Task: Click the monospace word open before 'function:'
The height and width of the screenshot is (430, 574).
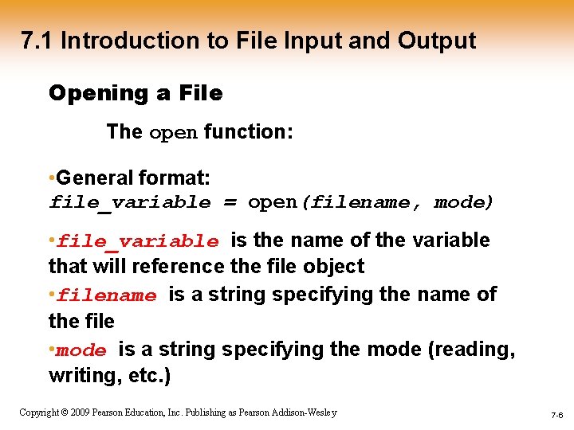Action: click(174, 132)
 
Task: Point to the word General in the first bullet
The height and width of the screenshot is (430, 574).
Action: click(94, 176)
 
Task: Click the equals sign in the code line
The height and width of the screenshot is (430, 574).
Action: click(230, 203)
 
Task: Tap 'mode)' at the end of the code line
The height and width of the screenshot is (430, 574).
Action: click(465, 203)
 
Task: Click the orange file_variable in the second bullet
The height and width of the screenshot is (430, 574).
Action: click(138, 241)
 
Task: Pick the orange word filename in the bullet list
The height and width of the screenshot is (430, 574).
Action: click(107, 296)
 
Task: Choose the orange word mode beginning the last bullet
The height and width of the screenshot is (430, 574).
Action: click(81, 351)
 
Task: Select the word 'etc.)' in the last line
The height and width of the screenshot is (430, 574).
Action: click(147, 376)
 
